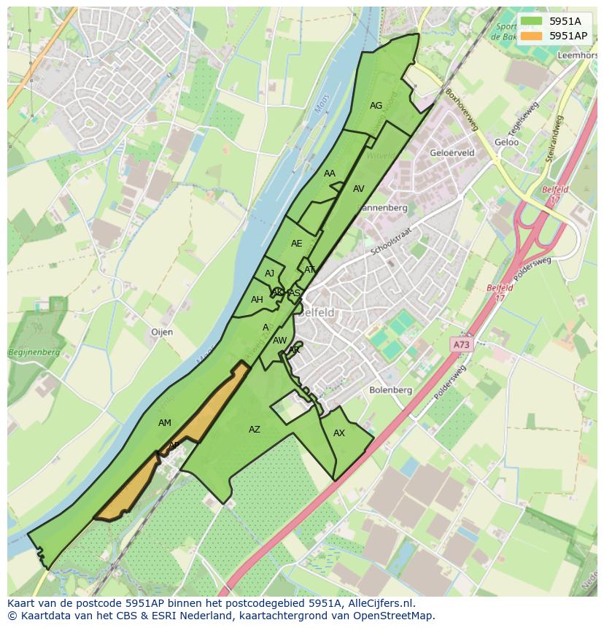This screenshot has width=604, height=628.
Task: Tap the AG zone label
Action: (x=376, y=106)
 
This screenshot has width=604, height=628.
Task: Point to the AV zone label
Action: (x=358, y=189)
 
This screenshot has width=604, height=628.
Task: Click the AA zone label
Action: (x=330, y=174)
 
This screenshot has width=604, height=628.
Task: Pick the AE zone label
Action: (x=296, y=244)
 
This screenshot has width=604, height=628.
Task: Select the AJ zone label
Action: (x=270, y=274)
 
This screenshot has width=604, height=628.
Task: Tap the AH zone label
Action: (x=257, y=300)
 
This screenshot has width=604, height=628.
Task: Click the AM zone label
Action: (x=165, y=423)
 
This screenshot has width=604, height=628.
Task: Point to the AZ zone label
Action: (x=254, y=430)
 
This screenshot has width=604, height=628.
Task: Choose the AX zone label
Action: (x=338, y=433)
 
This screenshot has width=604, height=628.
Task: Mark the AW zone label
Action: (x=279, y=341)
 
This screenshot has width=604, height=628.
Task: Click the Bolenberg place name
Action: (x=391, y=390)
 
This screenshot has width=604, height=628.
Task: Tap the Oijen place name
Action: (x=162, y=332)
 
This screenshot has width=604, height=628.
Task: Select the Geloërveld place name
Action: (x=452, y=153)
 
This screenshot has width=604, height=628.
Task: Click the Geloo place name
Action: (x=506, y=142)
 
